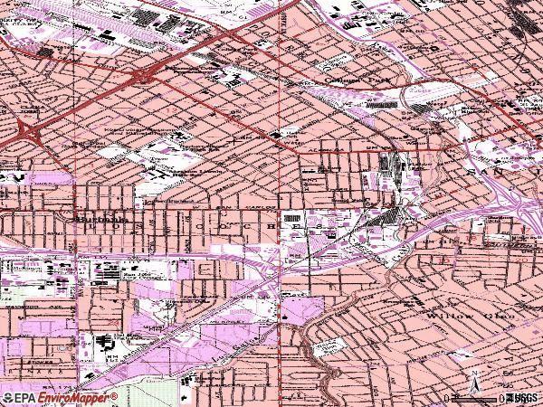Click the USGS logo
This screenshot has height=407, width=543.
click(x=523, y=398)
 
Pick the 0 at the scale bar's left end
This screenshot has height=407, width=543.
click(x=447, y=398)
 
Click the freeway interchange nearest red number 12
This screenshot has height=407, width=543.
click(x=145, y=76)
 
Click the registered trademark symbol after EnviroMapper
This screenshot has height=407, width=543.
click(x=115, y=395)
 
